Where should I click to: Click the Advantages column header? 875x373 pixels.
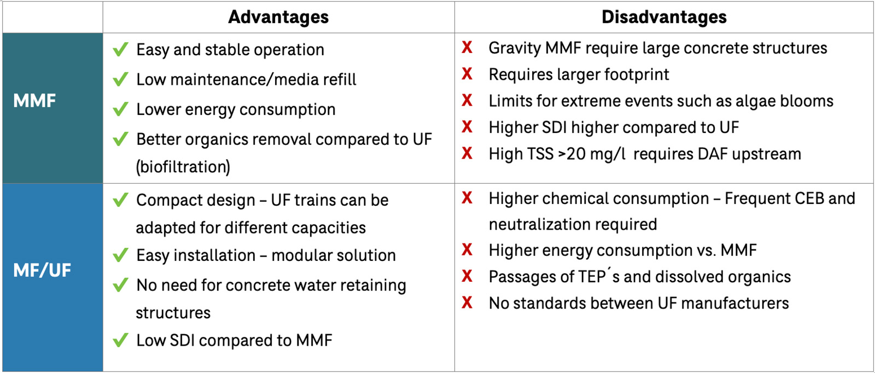pos(278,17)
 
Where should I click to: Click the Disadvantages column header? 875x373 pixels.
pos(663,17)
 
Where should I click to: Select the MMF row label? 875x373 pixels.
pos(34,101)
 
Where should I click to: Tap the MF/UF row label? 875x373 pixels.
pos(42,270)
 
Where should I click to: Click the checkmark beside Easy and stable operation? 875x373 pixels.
pos(120,50)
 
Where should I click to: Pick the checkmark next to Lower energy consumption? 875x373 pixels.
pos(120,109)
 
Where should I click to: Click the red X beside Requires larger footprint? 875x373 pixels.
pos(467,74)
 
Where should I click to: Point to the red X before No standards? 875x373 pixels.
pos(467,302)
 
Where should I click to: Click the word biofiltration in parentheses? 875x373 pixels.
pos(183,167)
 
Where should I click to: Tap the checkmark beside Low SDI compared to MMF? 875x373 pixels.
pos(120,340)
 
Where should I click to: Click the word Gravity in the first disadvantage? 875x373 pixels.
pos(515,48)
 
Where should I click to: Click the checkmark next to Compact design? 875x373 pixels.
pos(120,200)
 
